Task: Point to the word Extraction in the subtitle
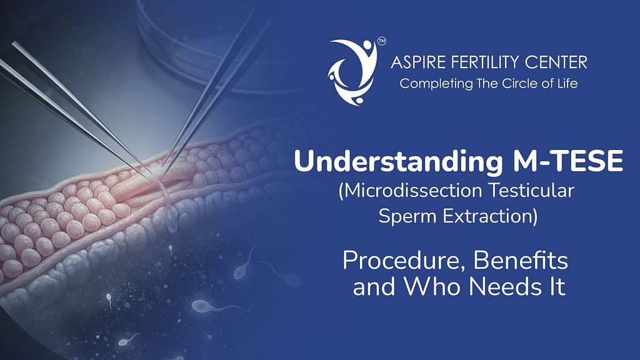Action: (487, 217)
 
